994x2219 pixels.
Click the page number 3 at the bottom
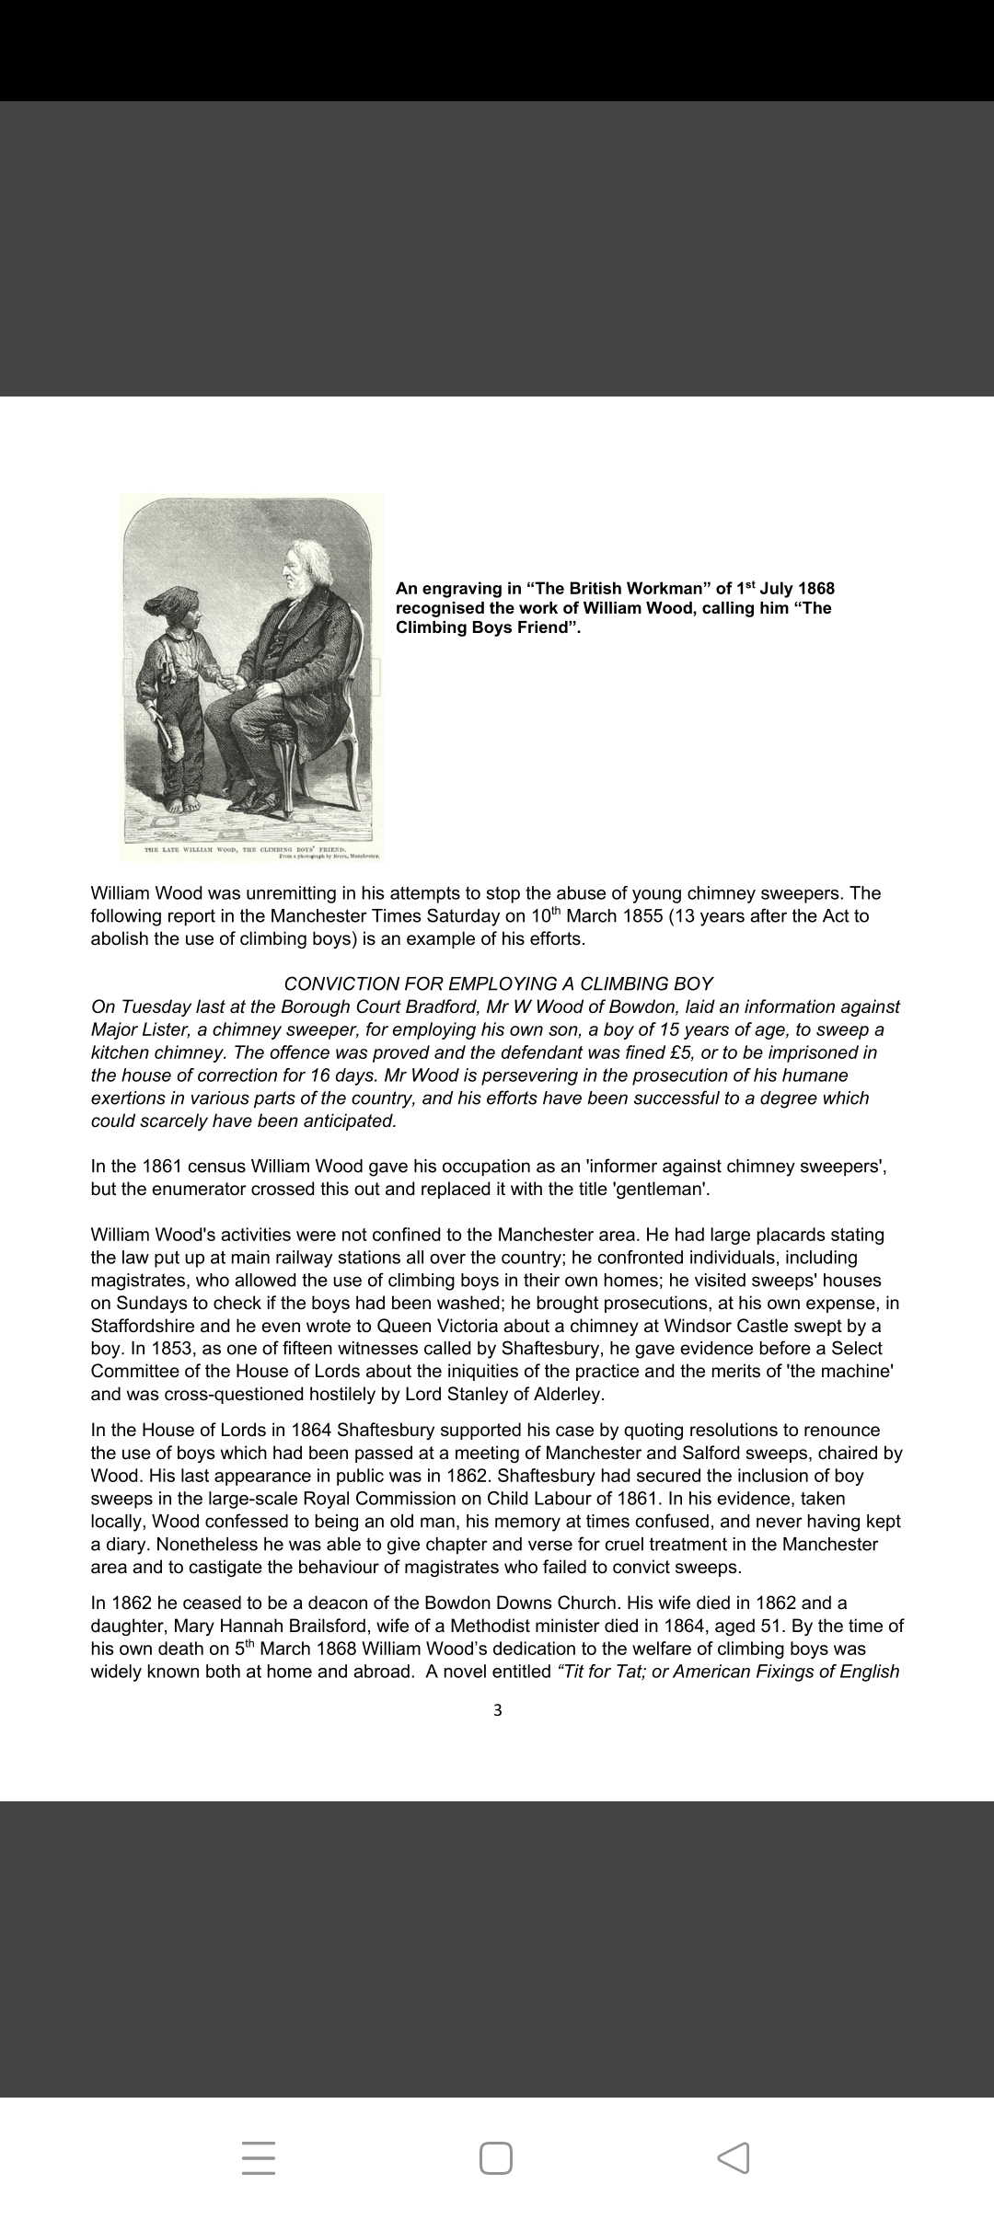pos(498,1710)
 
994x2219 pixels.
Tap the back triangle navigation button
pos(733,2157)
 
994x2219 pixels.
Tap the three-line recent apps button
pos(259,2157)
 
